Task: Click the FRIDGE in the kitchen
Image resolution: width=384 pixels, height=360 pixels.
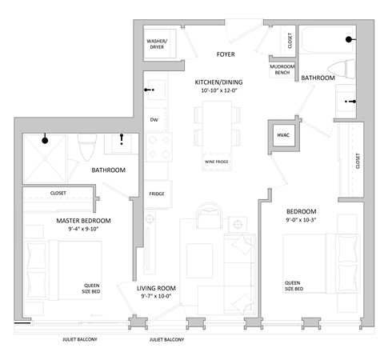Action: [157, 194]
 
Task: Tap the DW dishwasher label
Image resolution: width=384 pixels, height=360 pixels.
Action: [153, 121]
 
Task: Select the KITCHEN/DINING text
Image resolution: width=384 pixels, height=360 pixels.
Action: [219, 82]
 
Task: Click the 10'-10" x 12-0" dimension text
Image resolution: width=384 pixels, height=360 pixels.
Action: [219, 91]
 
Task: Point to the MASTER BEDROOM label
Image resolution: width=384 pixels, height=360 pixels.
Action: [83, 220]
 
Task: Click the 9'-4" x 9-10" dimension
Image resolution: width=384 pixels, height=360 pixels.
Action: [83, 230]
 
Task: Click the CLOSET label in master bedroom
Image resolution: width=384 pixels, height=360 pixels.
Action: [58, 193]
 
